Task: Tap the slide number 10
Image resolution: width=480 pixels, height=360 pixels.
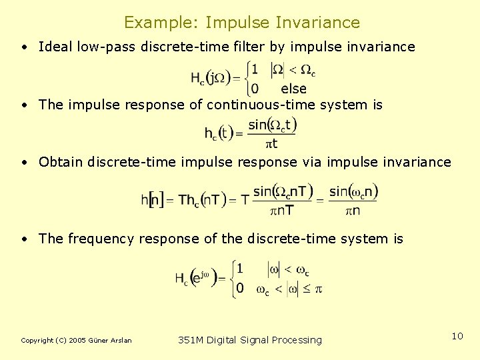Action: [x=457, y=336]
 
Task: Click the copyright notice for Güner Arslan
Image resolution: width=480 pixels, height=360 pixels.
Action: [x=76, y=341]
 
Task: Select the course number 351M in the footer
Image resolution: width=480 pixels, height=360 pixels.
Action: [x=191, y=340]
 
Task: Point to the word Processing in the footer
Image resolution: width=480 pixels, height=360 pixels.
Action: [x=296, y=341]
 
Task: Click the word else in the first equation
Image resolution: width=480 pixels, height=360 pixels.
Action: [x=293, y=89]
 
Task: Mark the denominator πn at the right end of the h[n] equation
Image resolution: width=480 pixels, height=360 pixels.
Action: [x=353, y=211]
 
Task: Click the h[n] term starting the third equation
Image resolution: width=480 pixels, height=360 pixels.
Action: [x=153, y=200]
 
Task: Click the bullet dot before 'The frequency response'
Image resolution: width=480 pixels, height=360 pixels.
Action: [x=24, y=239]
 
